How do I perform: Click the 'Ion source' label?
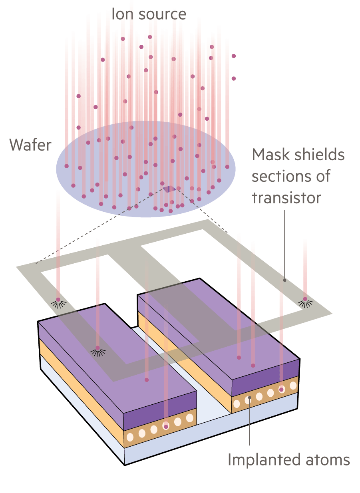click(x=149, y=14)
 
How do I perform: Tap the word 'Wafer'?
click(x=30, y=145)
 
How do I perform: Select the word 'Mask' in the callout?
click(x=270, y=155)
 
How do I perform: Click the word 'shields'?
click(x=319, y=155)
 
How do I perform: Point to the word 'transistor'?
click(x=286, y=197)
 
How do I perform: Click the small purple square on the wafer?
click(x=168, y=188)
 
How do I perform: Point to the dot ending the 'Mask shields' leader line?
click(x=284, y=280)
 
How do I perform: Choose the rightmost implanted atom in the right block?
click(x=293, y=386)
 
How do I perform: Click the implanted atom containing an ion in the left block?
click(x=166, y=426)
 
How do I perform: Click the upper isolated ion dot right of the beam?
click(x=234, y=56)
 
